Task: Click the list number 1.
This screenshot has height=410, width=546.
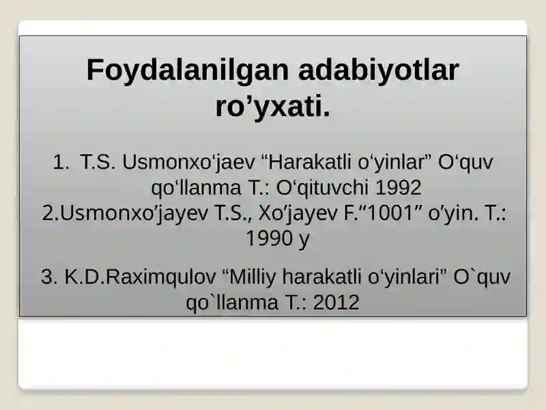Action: pyautogui.click(x=61, y=162)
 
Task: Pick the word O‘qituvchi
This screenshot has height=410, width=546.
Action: pyautogui.click(x=322, y=187)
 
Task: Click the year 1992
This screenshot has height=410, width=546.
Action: pyautogui.click(x=399, y=188)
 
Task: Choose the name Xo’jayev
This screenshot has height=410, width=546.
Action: pyautogui.click(x=298, y=214)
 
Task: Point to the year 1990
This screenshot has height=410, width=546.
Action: pyautogui.click(x=269, y=238)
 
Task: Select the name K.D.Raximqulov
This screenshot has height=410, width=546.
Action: pyautogui.click(x=141, y=277)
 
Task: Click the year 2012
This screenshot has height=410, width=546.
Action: pyautogui.click(x=336, y=302)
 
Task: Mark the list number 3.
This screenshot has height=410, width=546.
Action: pyautogui.click(x=49, y=277)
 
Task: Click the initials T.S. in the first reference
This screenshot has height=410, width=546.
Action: pyautogui.click(x=98, y=162)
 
